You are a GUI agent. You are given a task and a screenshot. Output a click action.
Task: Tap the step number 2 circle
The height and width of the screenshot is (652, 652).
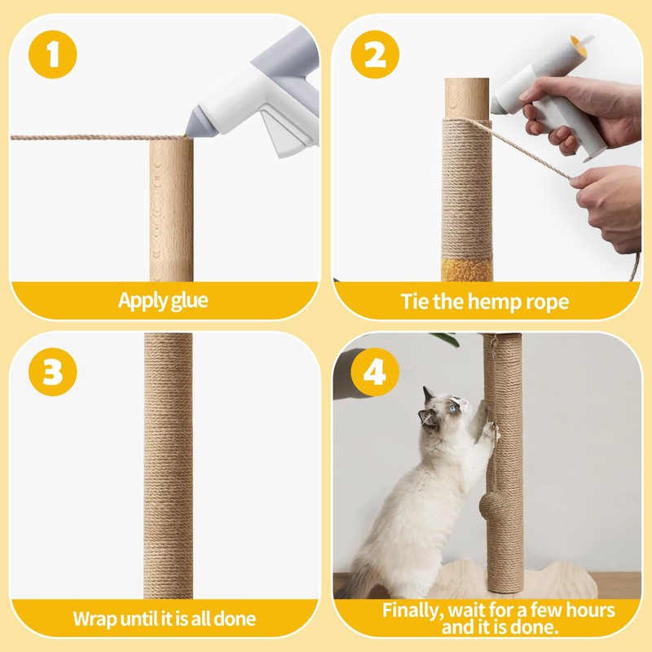pyautogui.click(x=375, y=55)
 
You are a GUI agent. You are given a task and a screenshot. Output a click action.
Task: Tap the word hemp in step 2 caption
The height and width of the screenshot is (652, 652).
pyautogui.click(x=487, y=302)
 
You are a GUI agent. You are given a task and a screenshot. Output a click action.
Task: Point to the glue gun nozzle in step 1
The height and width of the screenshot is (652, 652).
pyautogui.click(x=189, y=130)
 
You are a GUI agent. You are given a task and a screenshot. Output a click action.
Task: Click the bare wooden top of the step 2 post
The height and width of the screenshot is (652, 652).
pyautogui.click(x=467, y=98)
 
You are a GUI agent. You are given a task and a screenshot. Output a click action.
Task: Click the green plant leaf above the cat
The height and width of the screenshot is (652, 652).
pyautogui.click(x=447, y=339)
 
